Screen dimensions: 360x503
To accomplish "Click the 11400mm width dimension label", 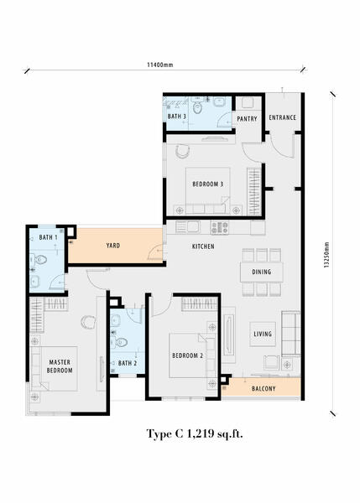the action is (x=160, y=65).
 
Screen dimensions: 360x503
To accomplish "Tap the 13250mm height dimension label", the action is (x=326, y=255).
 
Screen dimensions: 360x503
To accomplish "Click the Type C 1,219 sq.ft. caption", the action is (x=195, y=434).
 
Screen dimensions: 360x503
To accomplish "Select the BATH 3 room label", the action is (x=177, y=117).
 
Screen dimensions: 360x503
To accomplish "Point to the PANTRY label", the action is (x=247, y=119).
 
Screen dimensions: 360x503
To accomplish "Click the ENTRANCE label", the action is (x=282, y=117).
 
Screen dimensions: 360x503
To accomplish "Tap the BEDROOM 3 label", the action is (x=207, y=184).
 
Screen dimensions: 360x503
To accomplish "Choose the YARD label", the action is (x=113, y=246).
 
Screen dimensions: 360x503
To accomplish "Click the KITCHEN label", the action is (x=203, y=246).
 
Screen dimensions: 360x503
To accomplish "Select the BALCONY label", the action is (x=263, y=389).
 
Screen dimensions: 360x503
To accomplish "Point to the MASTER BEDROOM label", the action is (x=60, y=366).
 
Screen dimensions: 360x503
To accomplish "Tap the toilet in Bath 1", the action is (x=39, y=260).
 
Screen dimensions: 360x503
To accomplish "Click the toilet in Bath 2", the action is (x=119, y=342).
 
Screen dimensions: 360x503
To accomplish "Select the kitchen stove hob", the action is (x=220, y=227).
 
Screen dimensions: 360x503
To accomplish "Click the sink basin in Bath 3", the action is (x=219, y=102).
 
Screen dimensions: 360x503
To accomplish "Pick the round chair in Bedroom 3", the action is (x=183, y=151).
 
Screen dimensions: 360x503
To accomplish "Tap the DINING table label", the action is (x=262, y=272).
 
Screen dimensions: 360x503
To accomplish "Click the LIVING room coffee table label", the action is (x=263, y=334).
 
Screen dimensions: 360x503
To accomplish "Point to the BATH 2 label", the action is (x=128, y=364).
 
